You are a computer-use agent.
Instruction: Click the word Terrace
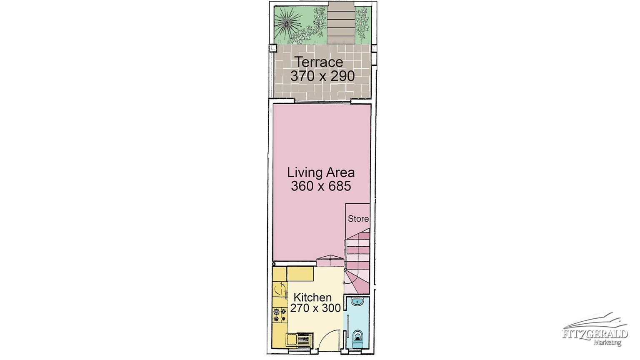click(319, 62)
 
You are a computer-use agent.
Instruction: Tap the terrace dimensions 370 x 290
click(322, 76)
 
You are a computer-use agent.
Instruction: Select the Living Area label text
click(321, 172)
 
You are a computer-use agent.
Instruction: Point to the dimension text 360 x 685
click(321, 186)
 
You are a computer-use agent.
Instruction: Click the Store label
click(358, 219)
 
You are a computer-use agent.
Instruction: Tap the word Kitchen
click(312, 297)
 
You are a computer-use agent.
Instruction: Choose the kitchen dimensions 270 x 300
click(315, 308)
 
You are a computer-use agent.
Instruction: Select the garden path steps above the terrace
click(341, 22)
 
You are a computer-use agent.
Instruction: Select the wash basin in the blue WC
click(357, 301)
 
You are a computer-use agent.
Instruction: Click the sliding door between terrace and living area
click(322, 102)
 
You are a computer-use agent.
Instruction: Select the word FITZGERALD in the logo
click(595, 334)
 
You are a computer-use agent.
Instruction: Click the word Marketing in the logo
click(607, 342)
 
